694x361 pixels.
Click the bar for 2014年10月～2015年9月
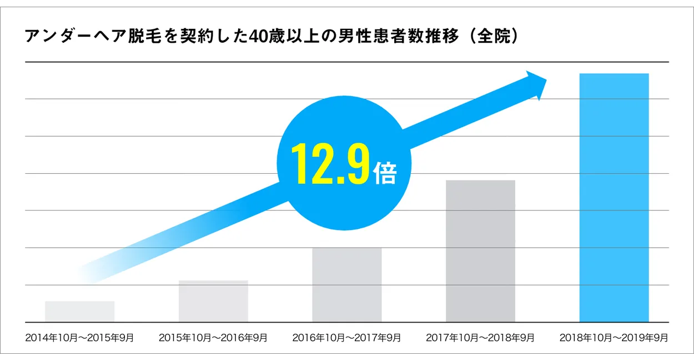pyautogui.click(x=79, y=312)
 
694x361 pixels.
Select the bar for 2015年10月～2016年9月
pyautogui.click(x=213, y=301)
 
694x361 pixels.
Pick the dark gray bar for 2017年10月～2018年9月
pyautogui.click(x=480, y=251)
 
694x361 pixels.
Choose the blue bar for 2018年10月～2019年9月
pyautogui.click(x=614, y=198)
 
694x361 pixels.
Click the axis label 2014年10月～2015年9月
pyautogui.click(x=79, y=338)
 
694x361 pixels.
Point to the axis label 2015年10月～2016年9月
pyautogui.click(x=213, y=338)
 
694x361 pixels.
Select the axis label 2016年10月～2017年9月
pyautogui.click(x=346, y=338)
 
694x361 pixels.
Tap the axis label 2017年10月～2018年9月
pyautogui.click(x=480, y=338)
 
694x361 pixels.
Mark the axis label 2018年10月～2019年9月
pyautogui.click(x=614, y=338)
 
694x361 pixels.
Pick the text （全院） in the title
pyautogui.click(x=494, y=37)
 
